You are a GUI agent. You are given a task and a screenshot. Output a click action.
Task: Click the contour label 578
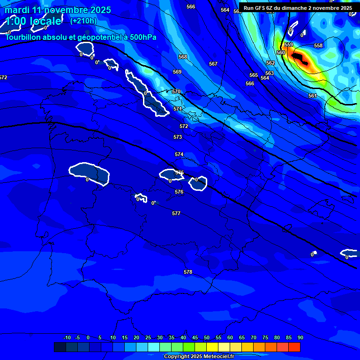click(x=188, y=272)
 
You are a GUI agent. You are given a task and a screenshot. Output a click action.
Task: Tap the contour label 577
click(x=176, y=213)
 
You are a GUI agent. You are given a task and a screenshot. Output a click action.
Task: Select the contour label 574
click(x=179, y=154)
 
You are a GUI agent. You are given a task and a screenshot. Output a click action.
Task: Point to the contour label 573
click(x=178, y=137)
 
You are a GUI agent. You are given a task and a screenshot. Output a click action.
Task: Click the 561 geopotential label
click(x=313, y=96)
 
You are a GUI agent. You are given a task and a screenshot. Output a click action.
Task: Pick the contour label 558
click(x=318, y=45)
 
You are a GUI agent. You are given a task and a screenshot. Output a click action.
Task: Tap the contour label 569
click(x=177, y=72)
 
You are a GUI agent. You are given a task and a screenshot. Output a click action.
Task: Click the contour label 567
click(x=213, y=64)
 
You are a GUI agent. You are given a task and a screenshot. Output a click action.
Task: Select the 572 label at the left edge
click(x=3, y=77)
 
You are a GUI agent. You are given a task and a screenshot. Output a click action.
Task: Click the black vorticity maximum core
click(x=300, y=58)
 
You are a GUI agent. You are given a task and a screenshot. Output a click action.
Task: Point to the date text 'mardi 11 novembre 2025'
click(x=58, y=10)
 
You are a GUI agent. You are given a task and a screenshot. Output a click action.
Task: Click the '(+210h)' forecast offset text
click(x=83, y=21)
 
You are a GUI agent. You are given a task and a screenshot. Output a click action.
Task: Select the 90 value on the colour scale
click(x=300, y=337)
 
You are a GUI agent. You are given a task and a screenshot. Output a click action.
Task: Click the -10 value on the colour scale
click(x=67, y=337)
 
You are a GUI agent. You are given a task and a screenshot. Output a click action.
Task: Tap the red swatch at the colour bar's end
click(x=294, y=347)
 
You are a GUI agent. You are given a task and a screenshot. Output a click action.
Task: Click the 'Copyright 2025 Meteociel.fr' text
click(x=199, y=357)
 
